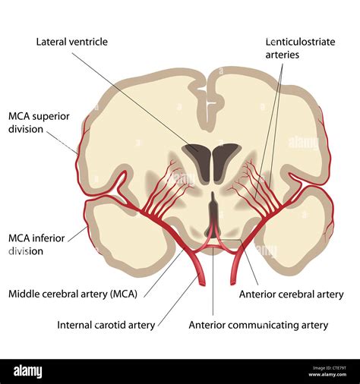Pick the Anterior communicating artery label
click(258, 325)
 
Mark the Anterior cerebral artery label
click(291, 294)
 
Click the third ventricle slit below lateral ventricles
click(212, 206)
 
